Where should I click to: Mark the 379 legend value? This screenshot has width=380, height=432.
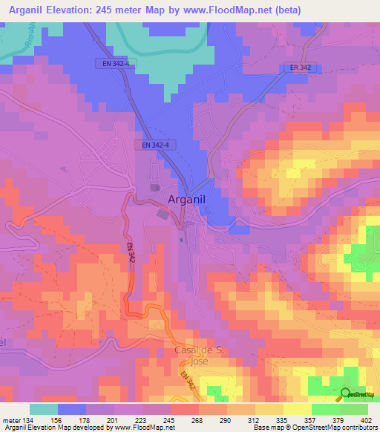[338, 419]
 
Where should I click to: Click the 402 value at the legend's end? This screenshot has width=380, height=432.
[366, 419]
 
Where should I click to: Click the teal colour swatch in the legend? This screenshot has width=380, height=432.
[44, 409]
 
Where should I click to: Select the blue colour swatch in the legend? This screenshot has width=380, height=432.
[72, 409]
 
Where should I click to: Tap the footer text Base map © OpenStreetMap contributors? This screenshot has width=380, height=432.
[315, 428]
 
